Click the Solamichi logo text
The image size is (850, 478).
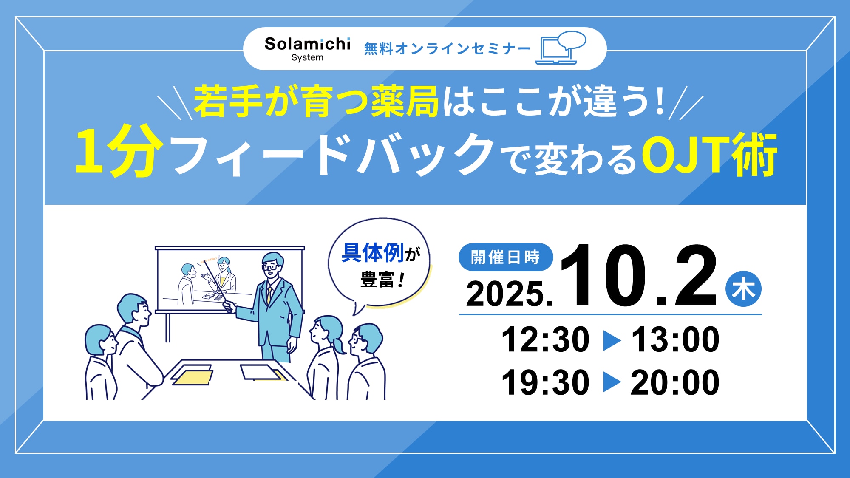pyautogui.click(x=307, y=44)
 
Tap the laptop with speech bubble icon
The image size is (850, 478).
pyautogui.click(x=561, y=48)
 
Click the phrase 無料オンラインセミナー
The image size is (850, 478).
pyautogui.click(x=448, y=49)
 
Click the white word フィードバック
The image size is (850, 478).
pyautogui.click(x=334, y=154)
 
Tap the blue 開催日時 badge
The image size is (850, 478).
pyautogui.click(x=506, y=257)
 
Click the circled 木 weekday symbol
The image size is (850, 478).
pyautogui.click(x=743, y=289)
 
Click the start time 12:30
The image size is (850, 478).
pyautogui.click(x=545, y=339)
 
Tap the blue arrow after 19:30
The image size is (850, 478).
pyautogui.click(x=612, y=382)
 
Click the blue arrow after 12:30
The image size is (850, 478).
pyautogui.click(x=612, y=340)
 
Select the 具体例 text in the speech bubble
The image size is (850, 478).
pyautogui.click(x=372, y=253)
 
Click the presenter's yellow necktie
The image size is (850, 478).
pyautogui.click(x=269, y=294)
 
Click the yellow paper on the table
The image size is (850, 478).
pyautogui.click(x=192, y=377)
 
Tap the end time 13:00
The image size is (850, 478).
pyautogui.click(x=675, y=339)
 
